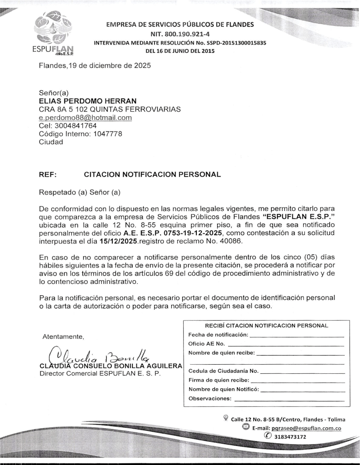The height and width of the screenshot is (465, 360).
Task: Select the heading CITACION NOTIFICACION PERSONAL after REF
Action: pyautogui.click(x=152, y=174)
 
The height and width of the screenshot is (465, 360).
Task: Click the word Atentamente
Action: pyautogui.click(x=60, y=337)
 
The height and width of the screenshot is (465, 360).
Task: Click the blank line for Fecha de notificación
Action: pyautogui.click(x=297, y=336)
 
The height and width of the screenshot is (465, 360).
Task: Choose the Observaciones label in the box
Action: pyautogui.click(x=210, y=399)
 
